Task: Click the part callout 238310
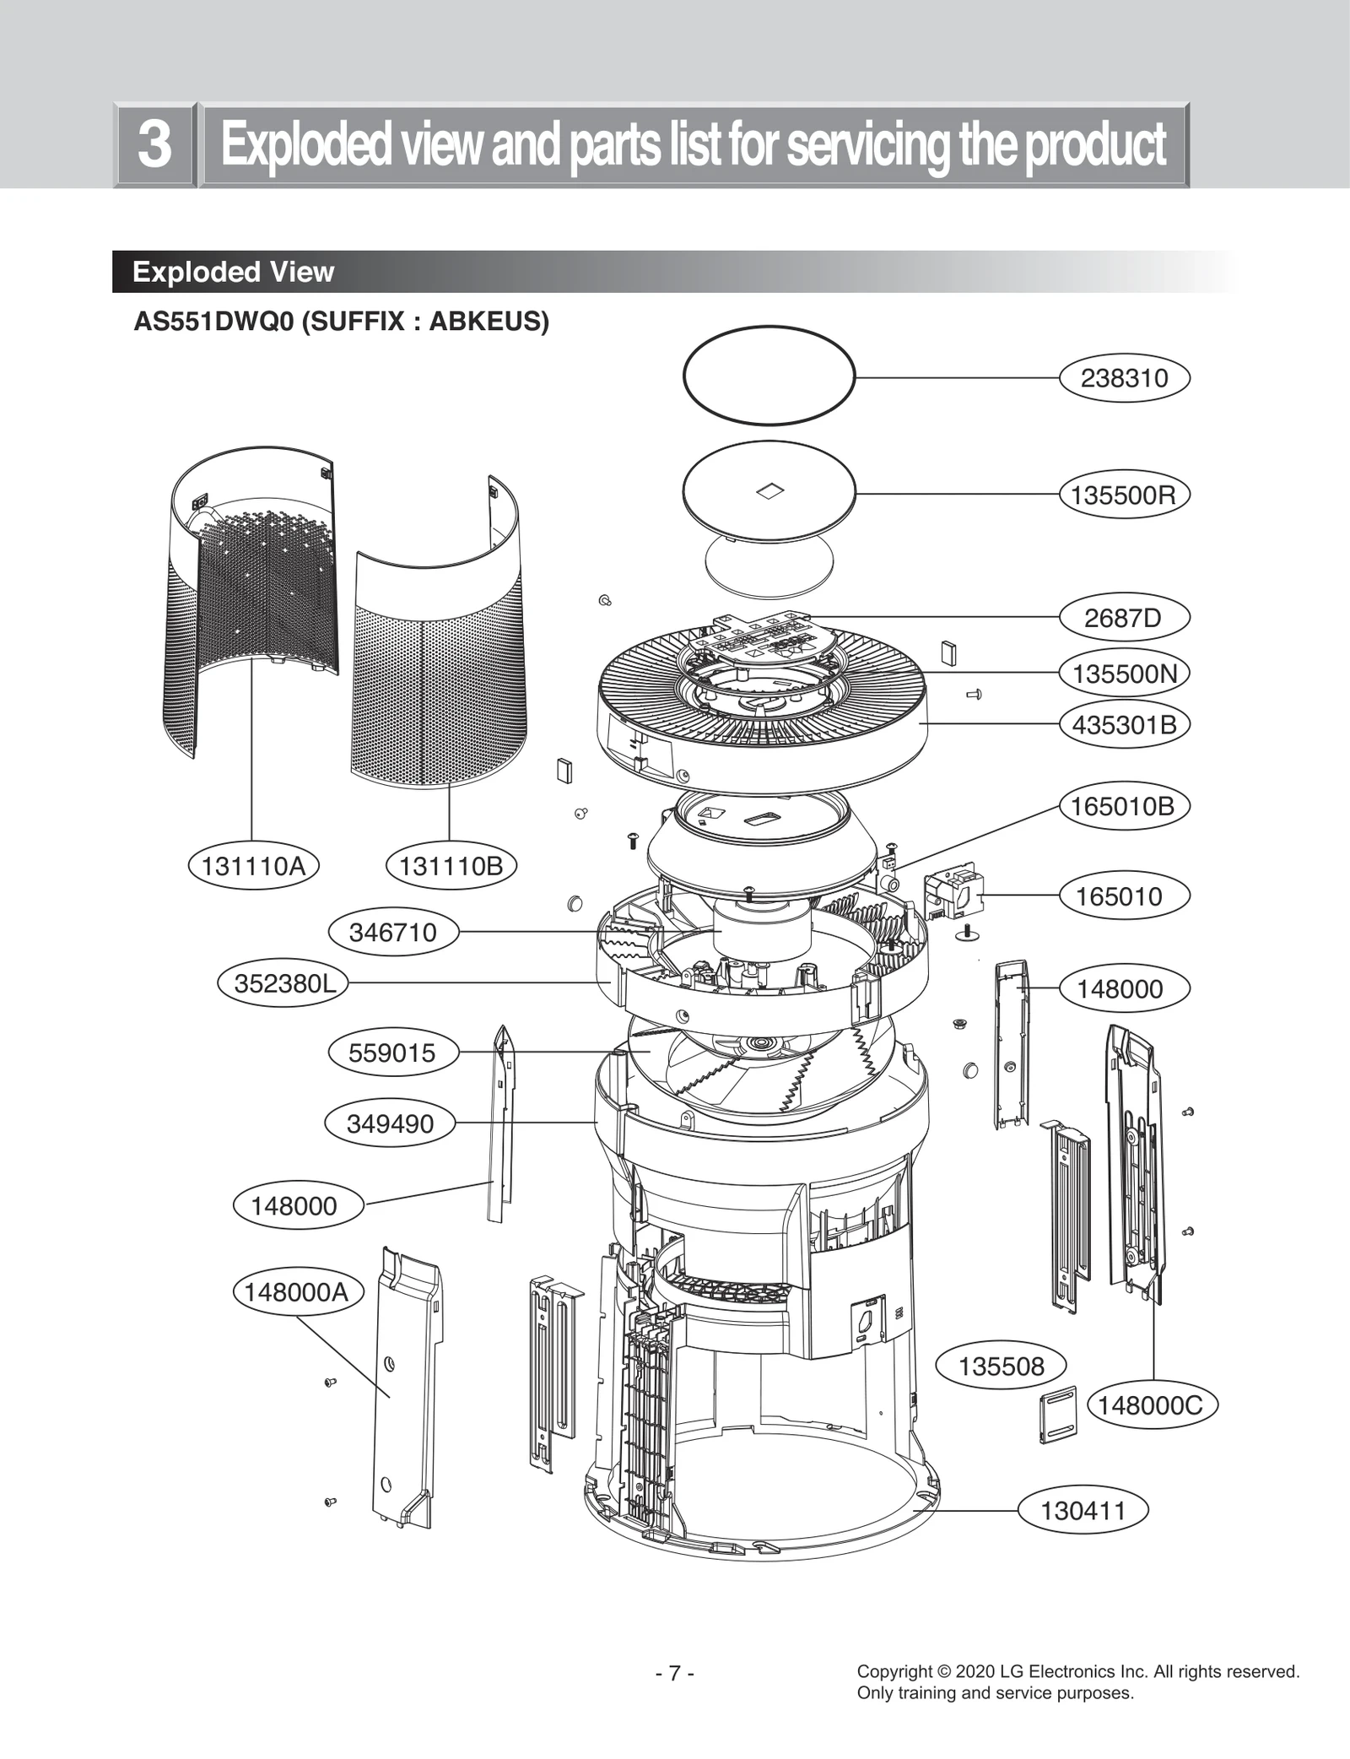[x=1124, y=378]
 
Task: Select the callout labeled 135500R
[x=1124, y=495]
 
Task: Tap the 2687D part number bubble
[x=1124, y=618]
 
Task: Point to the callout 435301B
[x=1124, y=725]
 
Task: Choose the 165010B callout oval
[x=1124, y=806]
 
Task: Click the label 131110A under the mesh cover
[x=253, y=866]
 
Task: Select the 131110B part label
[x=451, y=866]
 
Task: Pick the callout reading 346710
[x=393, y=933]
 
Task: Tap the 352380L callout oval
[x=283, y=984]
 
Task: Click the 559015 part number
[x=393, y=1053]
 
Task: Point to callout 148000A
[x=297, y=1292]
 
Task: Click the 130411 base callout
[x=1083, y=1510]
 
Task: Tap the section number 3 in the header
[x=154, y=144]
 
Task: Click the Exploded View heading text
[x=233, y=272]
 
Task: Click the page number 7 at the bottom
[x=674, y=1674]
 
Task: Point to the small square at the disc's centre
[x=769, y=490]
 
